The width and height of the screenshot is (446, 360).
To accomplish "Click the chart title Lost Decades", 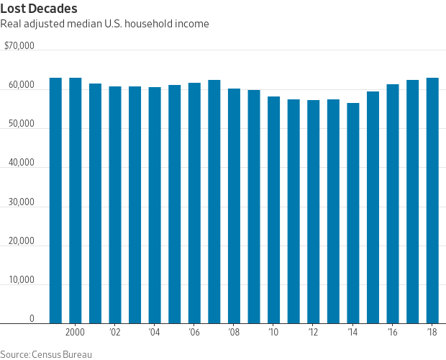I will coord(40,8).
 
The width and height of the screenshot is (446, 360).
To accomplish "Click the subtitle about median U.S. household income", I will coord(105,24).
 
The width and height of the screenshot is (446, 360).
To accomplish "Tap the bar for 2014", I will coord(353,213).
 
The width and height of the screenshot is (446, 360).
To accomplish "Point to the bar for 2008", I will coord(234,206).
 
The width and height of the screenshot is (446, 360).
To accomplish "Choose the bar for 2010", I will coord(273,210).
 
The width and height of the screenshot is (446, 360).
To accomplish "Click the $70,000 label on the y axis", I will coord(19,45).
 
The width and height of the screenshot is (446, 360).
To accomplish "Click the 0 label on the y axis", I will coord(32,319).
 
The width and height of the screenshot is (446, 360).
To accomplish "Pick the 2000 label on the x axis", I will coord(76,333).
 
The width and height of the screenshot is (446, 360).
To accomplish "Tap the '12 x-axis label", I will coord(313,333).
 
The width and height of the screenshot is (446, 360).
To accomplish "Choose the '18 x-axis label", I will coord(432,333).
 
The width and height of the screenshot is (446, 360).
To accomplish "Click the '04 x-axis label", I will coord(155,333).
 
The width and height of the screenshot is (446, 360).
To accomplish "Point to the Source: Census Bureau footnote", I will coord(46,354).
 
